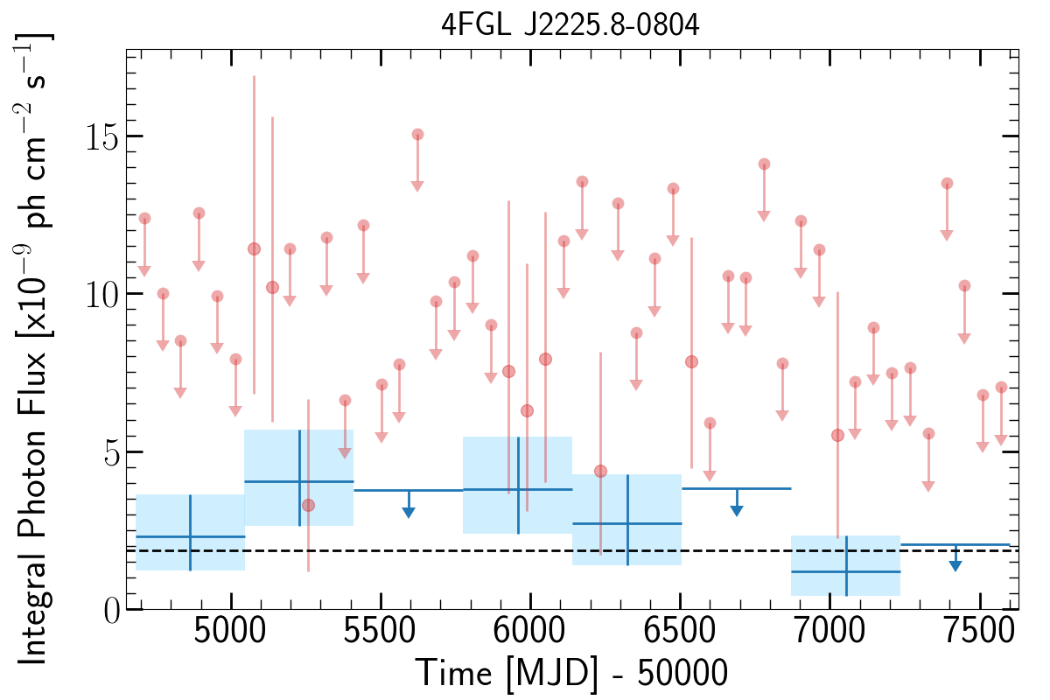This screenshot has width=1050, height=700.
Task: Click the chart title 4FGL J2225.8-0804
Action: point(570,25)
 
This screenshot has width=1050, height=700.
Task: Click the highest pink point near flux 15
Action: point(417,134)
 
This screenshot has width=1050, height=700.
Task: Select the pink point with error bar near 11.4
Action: point(254,248)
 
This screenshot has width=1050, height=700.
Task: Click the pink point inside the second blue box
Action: point(308,505)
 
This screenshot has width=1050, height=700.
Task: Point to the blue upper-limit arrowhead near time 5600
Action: point(409,512)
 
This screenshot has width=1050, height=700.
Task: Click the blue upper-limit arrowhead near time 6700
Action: point(737,510)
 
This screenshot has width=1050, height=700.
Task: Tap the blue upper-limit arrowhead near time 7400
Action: point(955,566)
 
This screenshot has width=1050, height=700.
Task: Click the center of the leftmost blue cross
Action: point(190,536)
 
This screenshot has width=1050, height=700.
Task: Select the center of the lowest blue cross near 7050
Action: point(846,571)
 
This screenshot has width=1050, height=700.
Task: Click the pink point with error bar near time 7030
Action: point(837,435)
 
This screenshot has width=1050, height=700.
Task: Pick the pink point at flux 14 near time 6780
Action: point(764,164)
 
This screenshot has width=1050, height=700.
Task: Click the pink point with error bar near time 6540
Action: point(691,361)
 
